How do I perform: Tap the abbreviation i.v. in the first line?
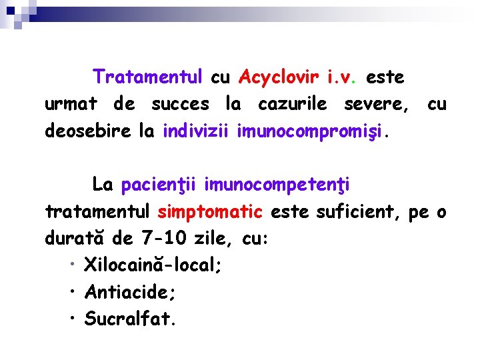[x=342, y=77]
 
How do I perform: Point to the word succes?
[x=180, y=104]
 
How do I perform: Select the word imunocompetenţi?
[x=277, y=184]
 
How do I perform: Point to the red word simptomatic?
[x=210, y=211]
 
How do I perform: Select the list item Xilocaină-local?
[x=153, y=265]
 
